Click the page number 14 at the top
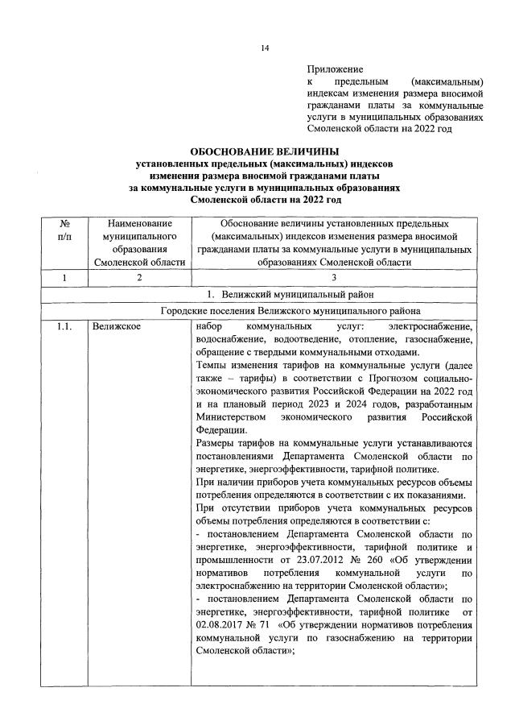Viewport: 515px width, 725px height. pos(264,48)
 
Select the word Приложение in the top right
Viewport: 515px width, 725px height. pos(335,70)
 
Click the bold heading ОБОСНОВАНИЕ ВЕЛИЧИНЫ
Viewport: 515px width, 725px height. pos(264,151)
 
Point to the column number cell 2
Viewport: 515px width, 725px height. pos(138,277)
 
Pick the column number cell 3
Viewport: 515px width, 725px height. pos(336,277)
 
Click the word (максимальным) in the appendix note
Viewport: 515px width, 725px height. pos(447,82)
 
